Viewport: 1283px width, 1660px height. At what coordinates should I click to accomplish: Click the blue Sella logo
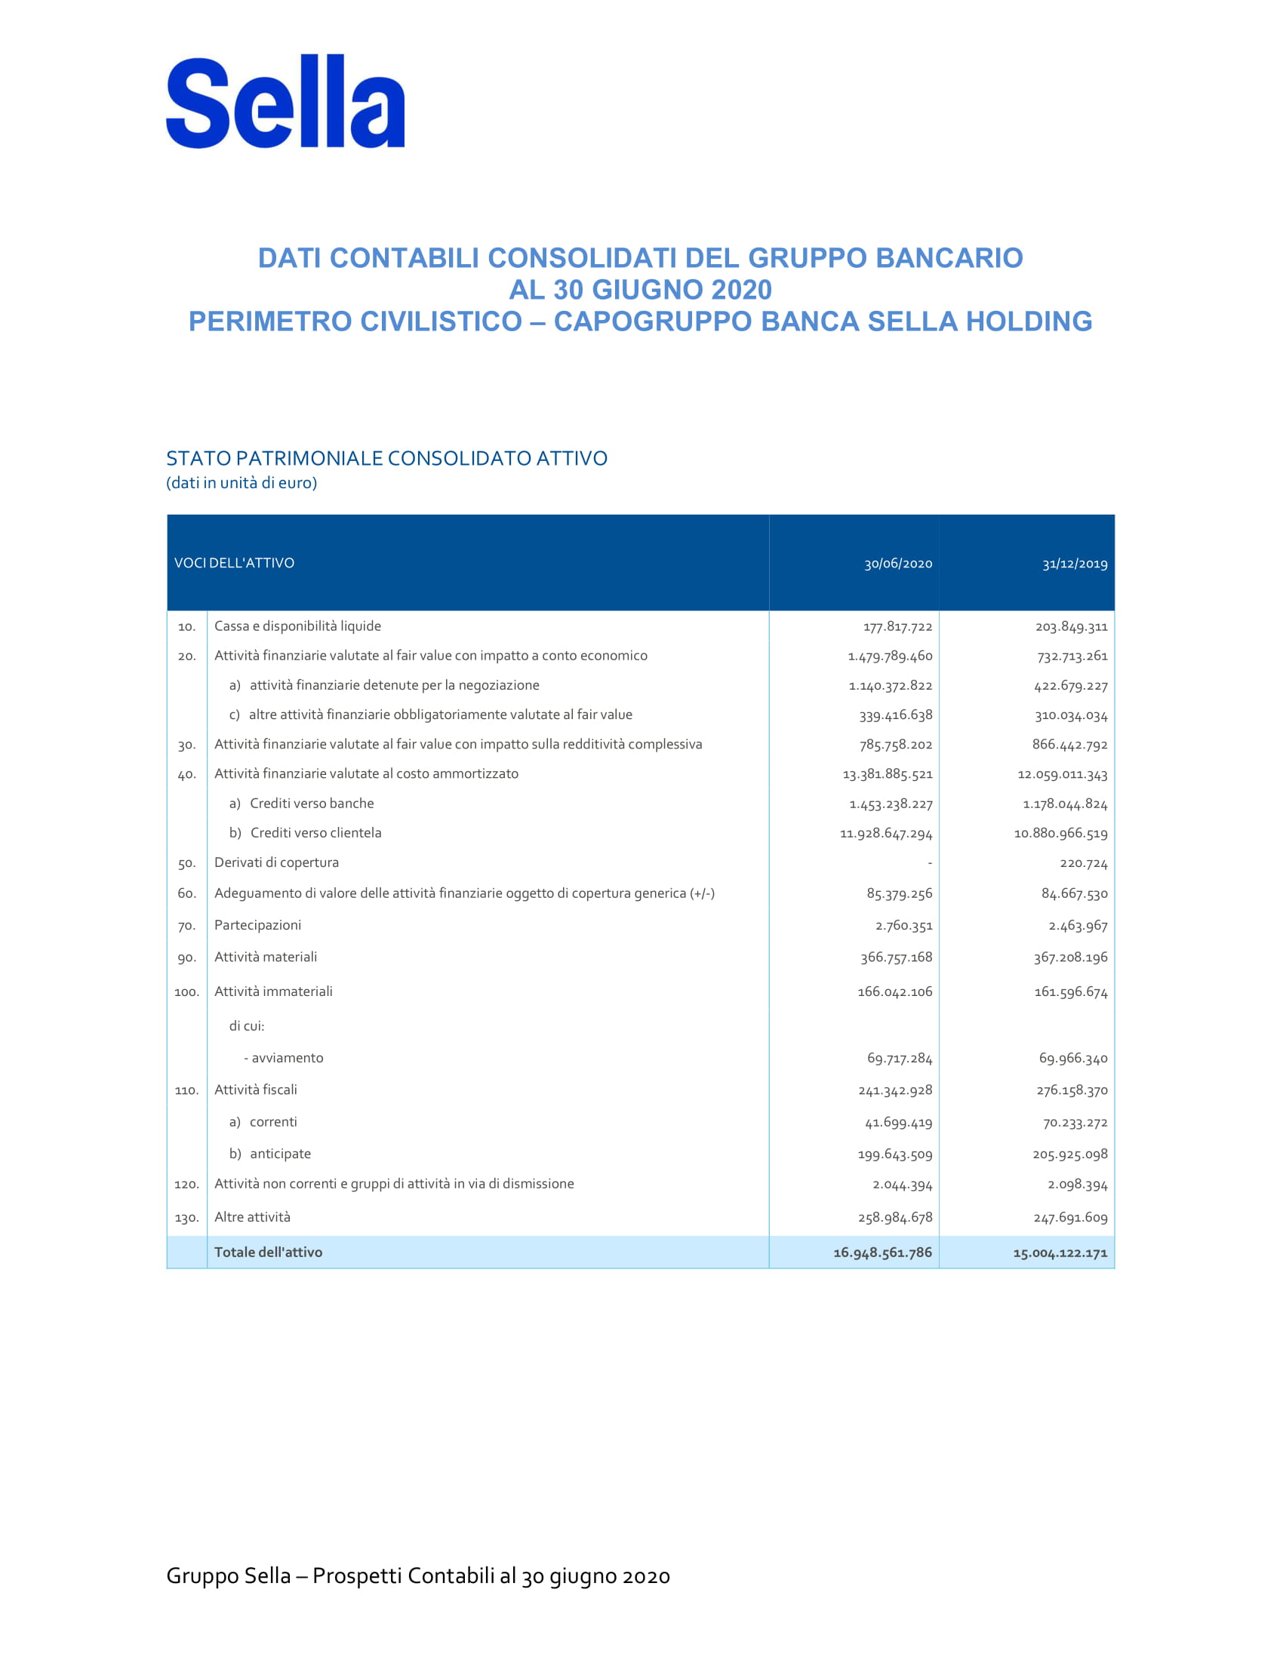(285, 101)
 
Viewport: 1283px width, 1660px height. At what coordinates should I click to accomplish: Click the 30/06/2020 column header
(897, 563)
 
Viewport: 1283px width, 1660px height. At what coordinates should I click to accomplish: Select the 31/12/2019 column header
(1075, 563)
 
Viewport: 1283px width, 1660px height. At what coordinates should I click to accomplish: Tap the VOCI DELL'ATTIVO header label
(234, 562)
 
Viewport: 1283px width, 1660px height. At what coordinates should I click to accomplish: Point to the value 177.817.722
(897, 626)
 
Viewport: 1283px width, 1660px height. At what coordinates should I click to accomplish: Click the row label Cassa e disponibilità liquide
(297, 626)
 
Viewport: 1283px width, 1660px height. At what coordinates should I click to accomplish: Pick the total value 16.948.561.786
(882, 1252)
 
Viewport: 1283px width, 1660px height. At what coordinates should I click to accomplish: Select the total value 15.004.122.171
(1060, 1253)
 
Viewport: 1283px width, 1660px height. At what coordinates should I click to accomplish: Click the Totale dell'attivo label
(269, 1252)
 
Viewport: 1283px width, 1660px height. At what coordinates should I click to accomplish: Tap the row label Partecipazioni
(257, 924)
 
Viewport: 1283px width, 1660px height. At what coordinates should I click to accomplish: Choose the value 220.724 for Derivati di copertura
(1084, 863)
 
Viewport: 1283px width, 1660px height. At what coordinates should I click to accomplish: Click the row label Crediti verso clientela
(315, 832)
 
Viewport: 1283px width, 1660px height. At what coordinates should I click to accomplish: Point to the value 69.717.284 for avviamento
(900, 1058)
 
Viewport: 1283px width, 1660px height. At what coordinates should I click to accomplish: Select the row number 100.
(187, 992)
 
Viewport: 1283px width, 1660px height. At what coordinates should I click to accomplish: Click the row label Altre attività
(252, 1217)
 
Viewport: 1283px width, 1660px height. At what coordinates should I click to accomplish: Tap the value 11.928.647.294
(886, 833)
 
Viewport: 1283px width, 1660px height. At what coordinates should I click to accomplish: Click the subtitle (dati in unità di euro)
(242, 483)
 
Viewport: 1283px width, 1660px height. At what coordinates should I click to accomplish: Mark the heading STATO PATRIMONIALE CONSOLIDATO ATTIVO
(387, 458)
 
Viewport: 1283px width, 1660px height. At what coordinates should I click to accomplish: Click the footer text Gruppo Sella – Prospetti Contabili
(418, 1575)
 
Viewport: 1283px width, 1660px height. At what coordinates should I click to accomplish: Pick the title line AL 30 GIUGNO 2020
(640, 290)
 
